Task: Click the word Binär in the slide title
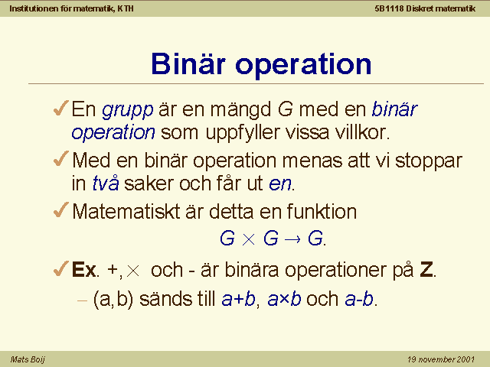click(x=188, y=63)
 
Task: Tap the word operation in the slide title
click(x=303, y=65)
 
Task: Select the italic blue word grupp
click(x=128, y=111)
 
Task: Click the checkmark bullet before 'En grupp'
click(x=61, y=108)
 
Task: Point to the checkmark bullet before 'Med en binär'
click(x=61, y=158)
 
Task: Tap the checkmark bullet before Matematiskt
click(x=61, y=209)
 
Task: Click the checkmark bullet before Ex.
click(x=61, y=268)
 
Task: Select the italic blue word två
click(x=106, y=183)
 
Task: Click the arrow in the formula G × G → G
click(x=292, y=239)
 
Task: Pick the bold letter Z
click(x=426, y=269)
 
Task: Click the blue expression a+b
click(x=238, y=299)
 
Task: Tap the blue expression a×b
click(x=284, y=299)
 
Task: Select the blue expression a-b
click(x=359, y=299)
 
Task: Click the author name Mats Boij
click(x=28, y=359)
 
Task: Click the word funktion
click(x=322, y=211)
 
